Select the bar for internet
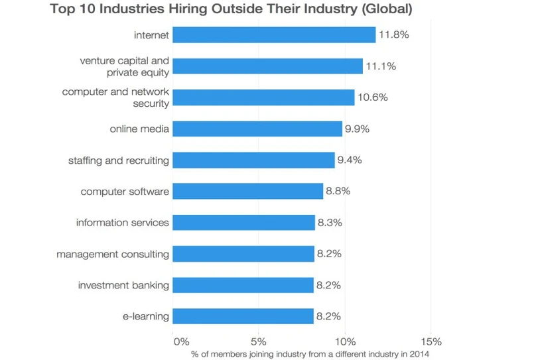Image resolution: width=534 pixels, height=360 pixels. tap(274, 34)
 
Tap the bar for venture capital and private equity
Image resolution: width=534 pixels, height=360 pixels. tap(267, 66)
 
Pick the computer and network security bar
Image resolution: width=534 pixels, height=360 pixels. tap(263, 97)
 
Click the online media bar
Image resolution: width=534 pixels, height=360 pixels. tap(257, 129)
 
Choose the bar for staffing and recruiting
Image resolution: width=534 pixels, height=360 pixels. tap(253, 160)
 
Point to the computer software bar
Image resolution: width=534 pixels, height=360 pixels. tap(248, 192)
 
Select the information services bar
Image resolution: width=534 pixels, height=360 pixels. tap(243, 223)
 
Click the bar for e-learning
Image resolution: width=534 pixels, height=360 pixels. tap(243, 316)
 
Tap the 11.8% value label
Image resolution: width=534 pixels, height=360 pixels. tap(393, 34)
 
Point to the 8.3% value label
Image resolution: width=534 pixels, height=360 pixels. tap(330, 223)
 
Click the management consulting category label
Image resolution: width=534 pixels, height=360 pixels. tap(113, 254)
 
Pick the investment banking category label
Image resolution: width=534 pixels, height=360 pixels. tap(124, 285)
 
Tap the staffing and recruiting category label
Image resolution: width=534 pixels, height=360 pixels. tap(119, 160)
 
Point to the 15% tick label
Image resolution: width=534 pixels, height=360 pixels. tap(430, 342)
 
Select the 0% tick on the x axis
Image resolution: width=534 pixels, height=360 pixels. tap(180, 342)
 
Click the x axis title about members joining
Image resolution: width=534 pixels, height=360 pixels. tap(310, 354)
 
